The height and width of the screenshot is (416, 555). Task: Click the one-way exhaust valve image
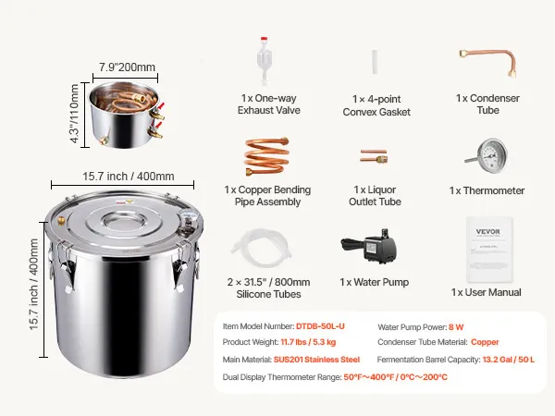pyautogui.click(x=264, y=60)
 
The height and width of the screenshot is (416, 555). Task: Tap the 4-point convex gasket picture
pyautogui.click(x=374, y=62)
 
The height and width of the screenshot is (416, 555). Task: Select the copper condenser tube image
pyautogui.click(x=488, y=62)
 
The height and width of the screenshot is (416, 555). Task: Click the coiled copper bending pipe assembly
pyautogui.click(x=266, y=156)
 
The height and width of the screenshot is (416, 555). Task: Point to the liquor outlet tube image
pyautogui.click(x=374, y=155)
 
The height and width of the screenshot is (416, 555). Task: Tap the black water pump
pyautogui.click(x=369, y=246)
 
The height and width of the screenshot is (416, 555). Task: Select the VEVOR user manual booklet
pyautogui.click(x=489, y=249)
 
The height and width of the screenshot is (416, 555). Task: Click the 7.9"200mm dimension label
pyautogui.click(x=127, y=67)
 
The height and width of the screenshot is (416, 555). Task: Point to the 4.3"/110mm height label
pyautogui.click(x=74, y=113)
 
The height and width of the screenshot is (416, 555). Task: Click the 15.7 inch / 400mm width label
pyautogui.click(x=129, y=177)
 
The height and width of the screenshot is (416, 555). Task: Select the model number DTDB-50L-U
pyautogui.click(x=320, y=326)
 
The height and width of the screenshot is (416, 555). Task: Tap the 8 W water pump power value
pyautogui.click(x=456, y=327)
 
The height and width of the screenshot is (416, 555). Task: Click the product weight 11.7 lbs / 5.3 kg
pyautogui.click(x=308, y=342)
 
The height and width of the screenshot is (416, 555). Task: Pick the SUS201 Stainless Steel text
pyautogui.click(x=316, y=360)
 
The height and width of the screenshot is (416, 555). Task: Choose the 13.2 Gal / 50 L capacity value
pyautogui.click(x=508, y=360)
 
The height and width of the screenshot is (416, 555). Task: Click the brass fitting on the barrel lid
pyautogui.click(x=61, y=220)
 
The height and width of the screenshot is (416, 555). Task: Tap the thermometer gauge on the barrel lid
pyautogui.click(x=186, y=216)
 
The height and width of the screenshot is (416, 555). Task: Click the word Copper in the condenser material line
pyautogui.click(x=485, y=342)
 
